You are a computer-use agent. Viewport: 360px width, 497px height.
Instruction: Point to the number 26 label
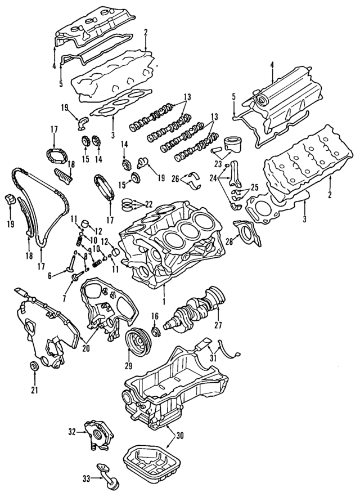click(x=175, y=179)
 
